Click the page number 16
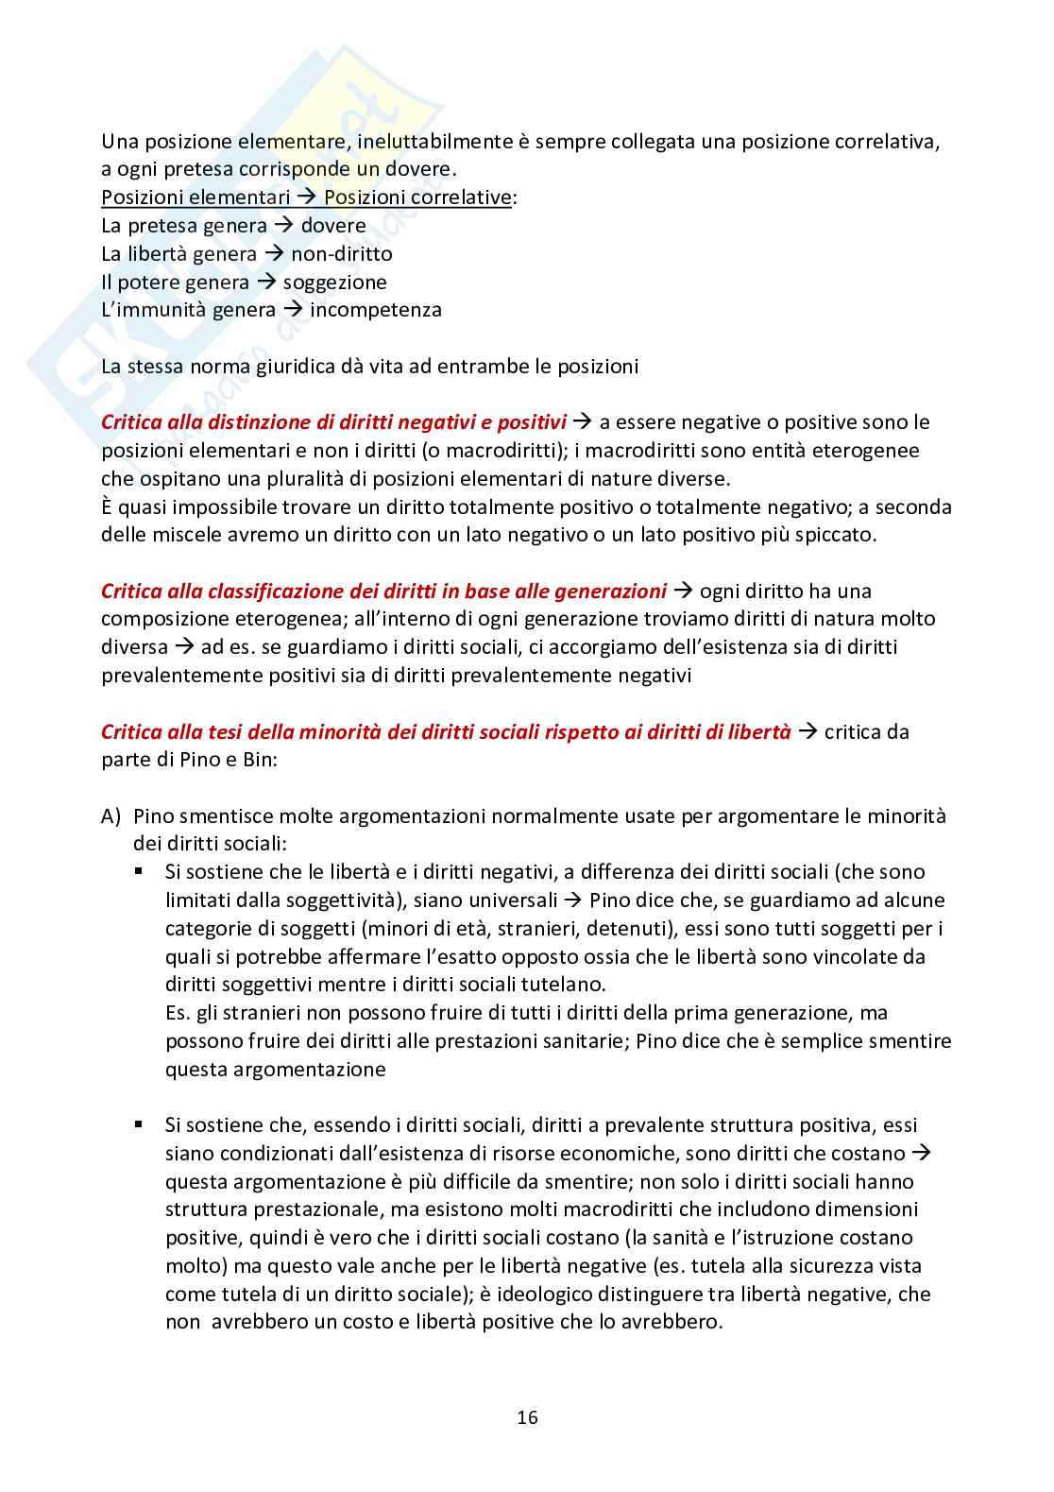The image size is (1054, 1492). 527,1417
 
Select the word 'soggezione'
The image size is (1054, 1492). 334,282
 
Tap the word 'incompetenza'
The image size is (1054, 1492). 375,310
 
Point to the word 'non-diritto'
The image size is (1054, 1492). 341,254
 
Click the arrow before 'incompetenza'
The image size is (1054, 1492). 293,310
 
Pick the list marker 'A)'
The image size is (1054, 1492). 112,816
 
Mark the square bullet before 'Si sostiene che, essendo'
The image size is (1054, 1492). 139,1125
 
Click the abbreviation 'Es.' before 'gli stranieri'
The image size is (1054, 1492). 178,1013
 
